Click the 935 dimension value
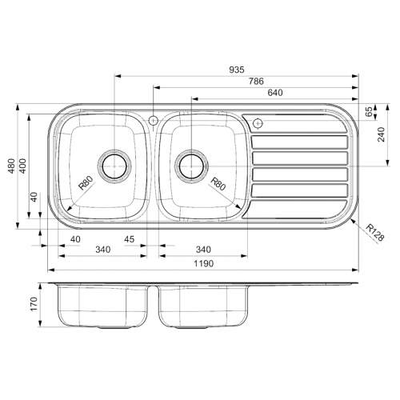click(238, 70)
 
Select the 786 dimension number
click(256, 81)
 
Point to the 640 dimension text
click(276, 92)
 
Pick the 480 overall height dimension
click(11, 166)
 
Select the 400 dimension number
click(23, 166)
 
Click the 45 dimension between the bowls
click(129, 239)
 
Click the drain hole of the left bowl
click(114, 165)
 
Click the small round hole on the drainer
click(257, 123)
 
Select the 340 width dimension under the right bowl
click(203, 250)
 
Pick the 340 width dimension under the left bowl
click(102, 250)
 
